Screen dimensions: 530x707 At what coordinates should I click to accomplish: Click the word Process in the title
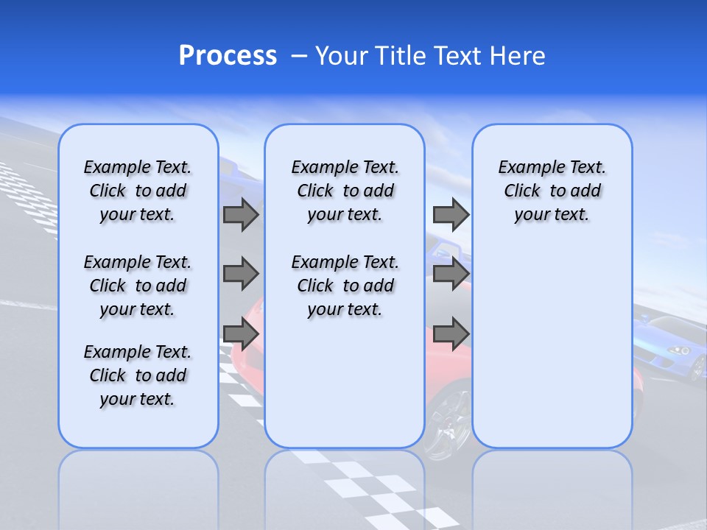228,56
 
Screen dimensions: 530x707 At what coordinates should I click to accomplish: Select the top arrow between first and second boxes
241,215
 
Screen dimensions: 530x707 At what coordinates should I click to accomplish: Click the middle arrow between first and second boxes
241,274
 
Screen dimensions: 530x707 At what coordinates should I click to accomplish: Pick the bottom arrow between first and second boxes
241,333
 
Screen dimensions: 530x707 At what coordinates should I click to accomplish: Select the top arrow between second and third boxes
451,214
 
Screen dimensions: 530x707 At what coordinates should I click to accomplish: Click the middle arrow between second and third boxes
451,274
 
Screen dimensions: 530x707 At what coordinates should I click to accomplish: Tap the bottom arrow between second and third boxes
451,333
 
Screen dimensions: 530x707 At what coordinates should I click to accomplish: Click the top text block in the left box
138,191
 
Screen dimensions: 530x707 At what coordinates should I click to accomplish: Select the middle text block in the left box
138,286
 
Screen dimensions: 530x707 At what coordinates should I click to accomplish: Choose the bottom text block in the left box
138,375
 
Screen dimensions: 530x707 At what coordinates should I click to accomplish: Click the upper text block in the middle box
345,191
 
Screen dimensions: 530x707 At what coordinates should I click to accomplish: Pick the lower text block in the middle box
345,286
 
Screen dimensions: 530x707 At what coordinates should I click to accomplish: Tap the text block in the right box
552,191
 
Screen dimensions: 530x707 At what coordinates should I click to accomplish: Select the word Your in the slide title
341,56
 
